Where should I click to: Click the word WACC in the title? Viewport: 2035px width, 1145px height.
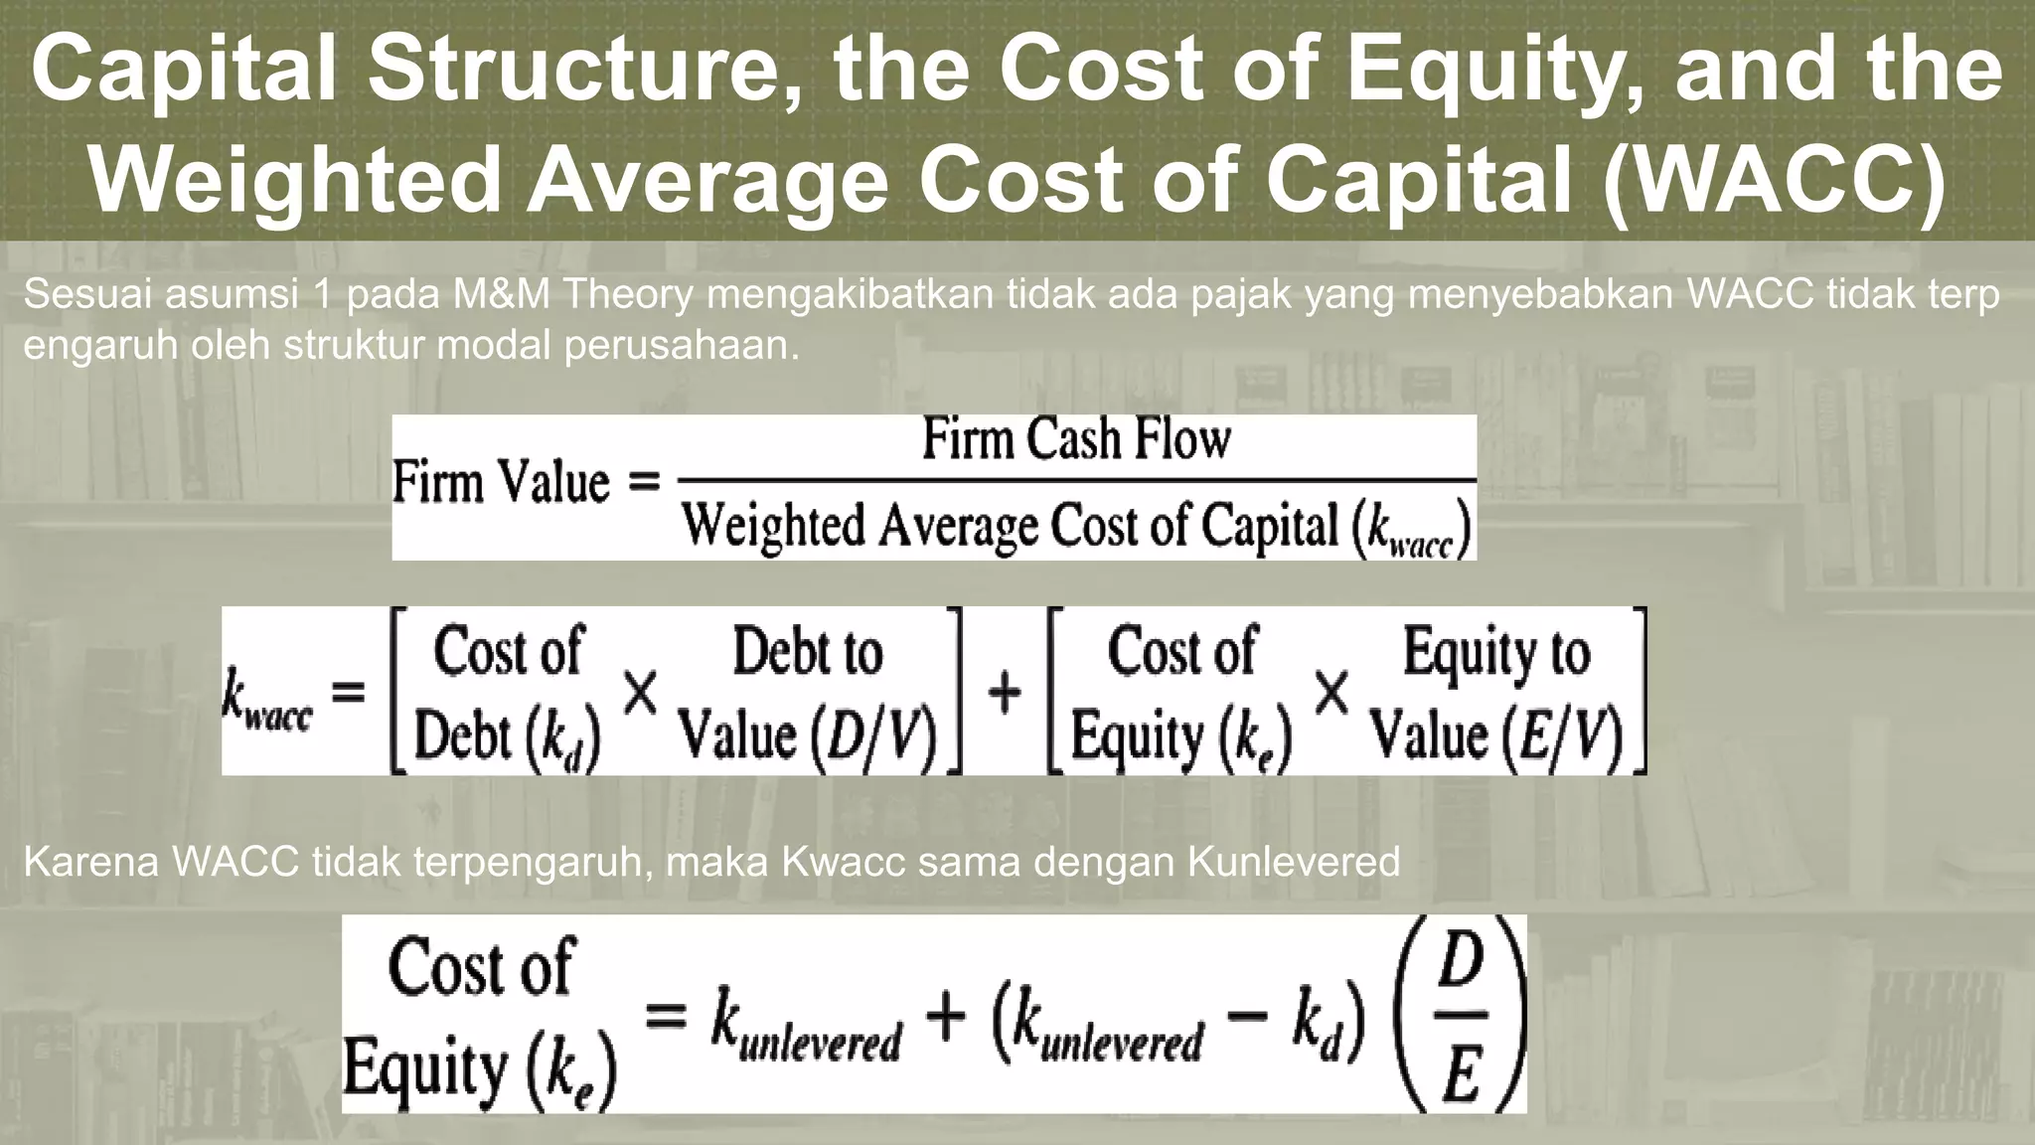click(1773, 179)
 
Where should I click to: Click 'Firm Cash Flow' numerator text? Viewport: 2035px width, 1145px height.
click(1076, 439)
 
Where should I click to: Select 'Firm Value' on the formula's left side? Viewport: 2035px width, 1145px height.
click(501, 484)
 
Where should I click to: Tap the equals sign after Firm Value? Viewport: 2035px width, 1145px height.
click(644, 484)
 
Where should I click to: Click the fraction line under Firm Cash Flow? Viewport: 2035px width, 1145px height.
click(1076, 481)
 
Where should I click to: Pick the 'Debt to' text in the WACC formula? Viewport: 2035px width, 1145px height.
click(807, 652)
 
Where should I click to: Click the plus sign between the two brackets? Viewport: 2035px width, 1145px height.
click(1005, 692)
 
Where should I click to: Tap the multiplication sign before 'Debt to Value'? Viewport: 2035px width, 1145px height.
click(641, 693)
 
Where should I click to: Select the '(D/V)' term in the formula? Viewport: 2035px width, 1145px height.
click(873, 737)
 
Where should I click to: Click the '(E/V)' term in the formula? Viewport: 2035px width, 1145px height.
click(1562, 737)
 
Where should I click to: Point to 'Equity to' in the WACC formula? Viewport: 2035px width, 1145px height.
click(1496, 652)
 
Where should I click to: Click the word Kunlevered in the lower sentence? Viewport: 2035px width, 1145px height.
click(1294, 862)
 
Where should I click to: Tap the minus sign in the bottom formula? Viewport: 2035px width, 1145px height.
click(1246, 1017)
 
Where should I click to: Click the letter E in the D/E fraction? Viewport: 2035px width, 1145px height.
click(1462, 1073)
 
